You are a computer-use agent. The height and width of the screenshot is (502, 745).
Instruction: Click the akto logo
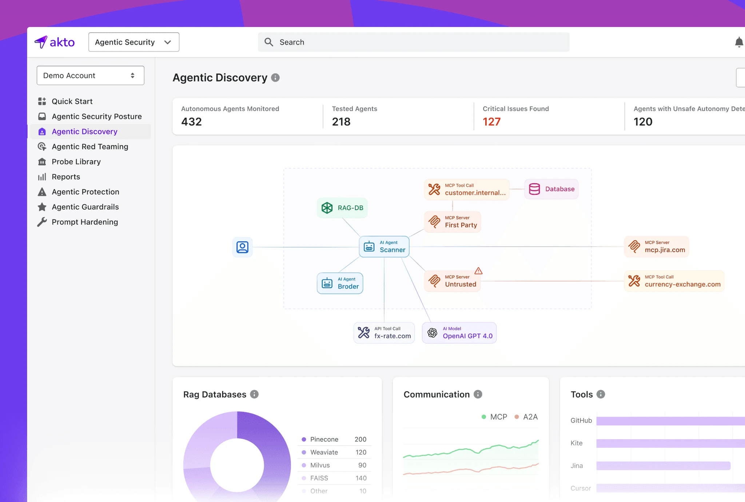55,42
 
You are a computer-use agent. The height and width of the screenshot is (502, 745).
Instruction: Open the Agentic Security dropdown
134,42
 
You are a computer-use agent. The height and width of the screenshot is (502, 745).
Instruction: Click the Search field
414,42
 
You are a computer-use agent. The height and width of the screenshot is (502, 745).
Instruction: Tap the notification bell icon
739,42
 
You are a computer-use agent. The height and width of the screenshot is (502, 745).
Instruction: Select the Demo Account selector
90,76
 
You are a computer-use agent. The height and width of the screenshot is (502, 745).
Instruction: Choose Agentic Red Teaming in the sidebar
90,146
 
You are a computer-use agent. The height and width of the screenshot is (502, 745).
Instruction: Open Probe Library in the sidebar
76,162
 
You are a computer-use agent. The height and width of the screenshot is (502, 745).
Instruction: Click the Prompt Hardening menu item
85,222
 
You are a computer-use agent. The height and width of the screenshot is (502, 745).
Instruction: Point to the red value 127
491,122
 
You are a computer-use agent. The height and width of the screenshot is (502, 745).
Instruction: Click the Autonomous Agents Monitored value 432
191,122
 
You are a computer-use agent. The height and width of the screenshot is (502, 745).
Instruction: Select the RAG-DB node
342,208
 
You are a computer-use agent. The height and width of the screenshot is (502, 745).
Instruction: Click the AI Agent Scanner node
384,247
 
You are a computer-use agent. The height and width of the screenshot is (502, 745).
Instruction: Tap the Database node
551,189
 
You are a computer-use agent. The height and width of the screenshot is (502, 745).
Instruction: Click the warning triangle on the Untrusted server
478,271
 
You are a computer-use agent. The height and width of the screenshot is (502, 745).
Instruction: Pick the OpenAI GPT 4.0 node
459,333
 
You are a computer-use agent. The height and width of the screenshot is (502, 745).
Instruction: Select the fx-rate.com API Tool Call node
384,333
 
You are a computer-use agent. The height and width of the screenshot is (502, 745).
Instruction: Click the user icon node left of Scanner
242,247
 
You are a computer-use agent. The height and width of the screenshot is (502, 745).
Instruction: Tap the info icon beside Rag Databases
254,394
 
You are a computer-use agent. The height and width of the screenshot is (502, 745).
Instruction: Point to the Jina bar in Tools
663,466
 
